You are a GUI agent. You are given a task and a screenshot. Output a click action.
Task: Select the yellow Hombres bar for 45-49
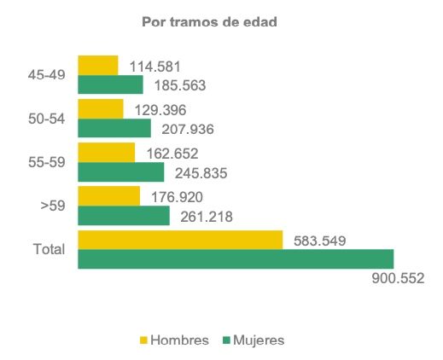(x=97, y=65)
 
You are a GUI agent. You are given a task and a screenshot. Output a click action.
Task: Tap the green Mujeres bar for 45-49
(x=110, y=84)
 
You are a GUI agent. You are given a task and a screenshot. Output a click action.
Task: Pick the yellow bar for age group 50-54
(x=100, y=108)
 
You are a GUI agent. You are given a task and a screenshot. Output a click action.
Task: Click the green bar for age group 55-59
(x=120, y=172)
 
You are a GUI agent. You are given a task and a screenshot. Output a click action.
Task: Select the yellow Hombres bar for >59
(x=108, y=196)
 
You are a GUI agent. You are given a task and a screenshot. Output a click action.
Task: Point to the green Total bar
(x=236, y=259)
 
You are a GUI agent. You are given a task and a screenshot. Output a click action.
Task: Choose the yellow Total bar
(x=180, y=240)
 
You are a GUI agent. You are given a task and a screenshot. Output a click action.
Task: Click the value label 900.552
(x=394, y=279)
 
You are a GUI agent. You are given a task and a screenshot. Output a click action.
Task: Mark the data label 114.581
(x=154, y=66)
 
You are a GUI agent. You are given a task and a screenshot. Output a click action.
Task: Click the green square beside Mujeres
(x=227, y=340)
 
